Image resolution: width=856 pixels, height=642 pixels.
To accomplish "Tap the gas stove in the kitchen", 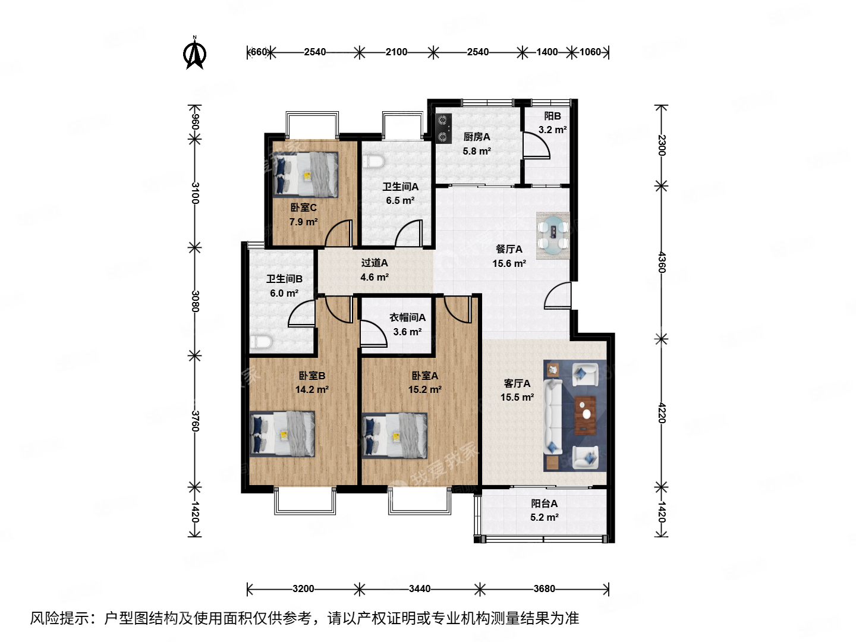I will point(443,129).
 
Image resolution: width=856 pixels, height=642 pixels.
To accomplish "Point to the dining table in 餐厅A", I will point(553,235).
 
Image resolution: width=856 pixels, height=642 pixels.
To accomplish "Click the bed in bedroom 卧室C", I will point(305,174).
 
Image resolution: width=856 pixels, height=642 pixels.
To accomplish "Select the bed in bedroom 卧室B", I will point(282,433).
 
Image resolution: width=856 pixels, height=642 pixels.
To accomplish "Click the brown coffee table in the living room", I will point(586,415).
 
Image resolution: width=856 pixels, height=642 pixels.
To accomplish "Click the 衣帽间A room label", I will point(407,317).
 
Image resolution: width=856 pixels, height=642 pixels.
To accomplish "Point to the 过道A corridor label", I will point(374,263).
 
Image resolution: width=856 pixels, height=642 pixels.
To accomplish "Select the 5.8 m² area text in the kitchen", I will point(477,151).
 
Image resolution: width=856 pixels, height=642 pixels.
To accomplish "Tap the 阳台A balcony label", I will point(544,503).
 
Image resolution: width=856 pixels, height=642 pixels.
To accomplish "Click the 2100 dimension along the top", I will point(396,52).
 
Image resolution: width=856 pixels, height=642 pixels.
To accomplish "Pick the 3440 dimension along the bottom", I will point(420,588).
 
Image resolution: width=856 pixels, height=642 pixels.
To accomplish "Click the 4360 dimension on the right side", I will point(662,262).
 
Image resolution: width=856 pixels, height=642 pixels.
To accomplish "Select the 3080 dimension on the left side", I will point(194,301).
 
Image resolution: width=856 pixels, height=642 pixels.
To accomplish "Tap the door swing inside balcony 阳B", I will point(536,145).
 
